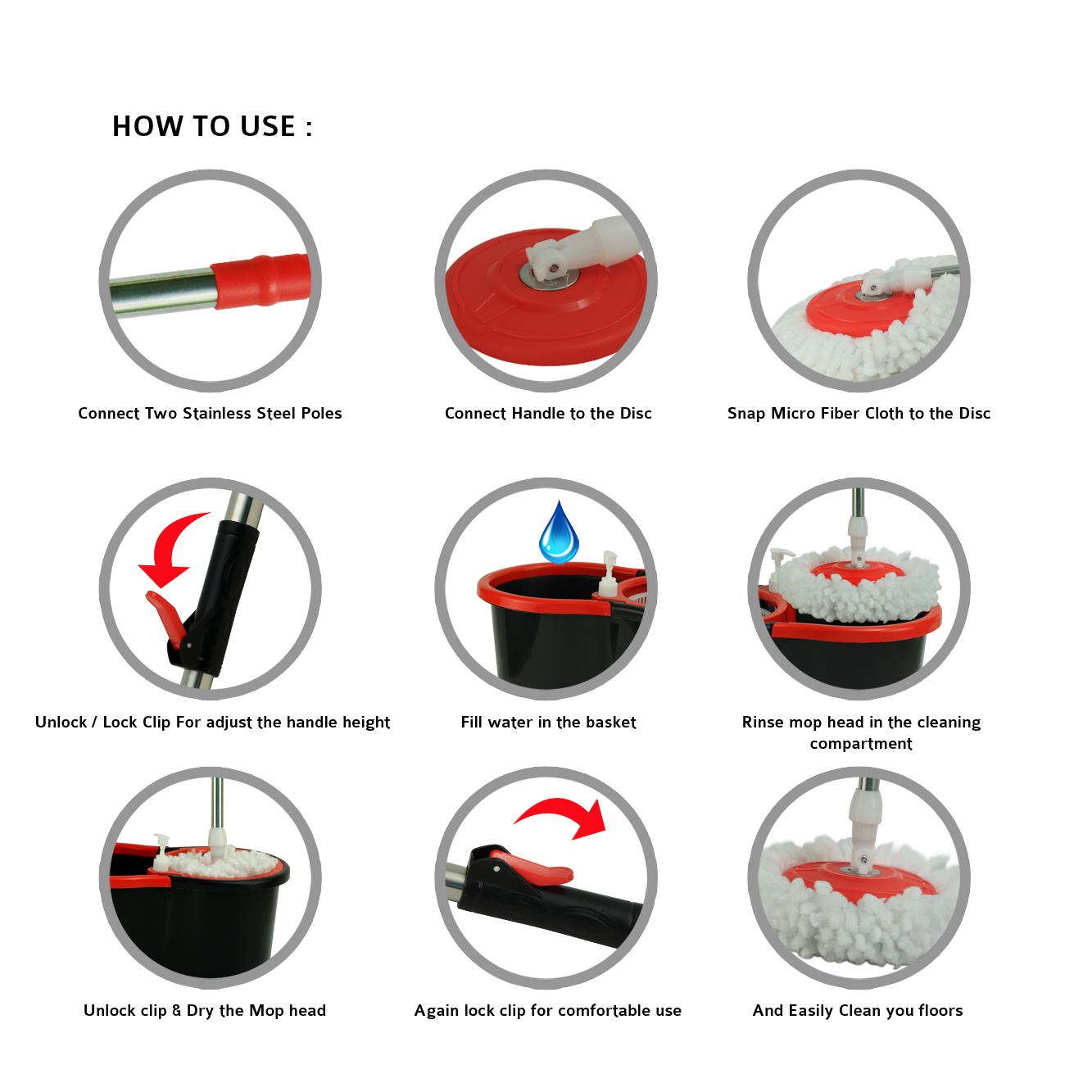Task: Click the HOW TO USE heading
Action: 212,126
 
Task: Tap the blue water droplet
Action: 559,532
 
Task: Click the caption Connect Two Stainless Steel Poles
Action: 210,414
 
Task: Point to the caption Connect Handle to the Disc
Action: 548,414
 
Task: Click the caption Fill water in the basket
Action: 548,723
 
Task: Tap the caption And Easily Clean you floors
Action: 858,1011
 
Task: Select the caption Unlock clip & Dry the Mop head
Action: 205,1011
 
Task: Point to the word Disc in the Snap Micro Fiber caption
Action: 974,414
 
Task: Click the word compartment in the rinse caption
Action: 861,745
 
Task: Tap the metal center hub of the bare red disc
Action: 548,275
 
